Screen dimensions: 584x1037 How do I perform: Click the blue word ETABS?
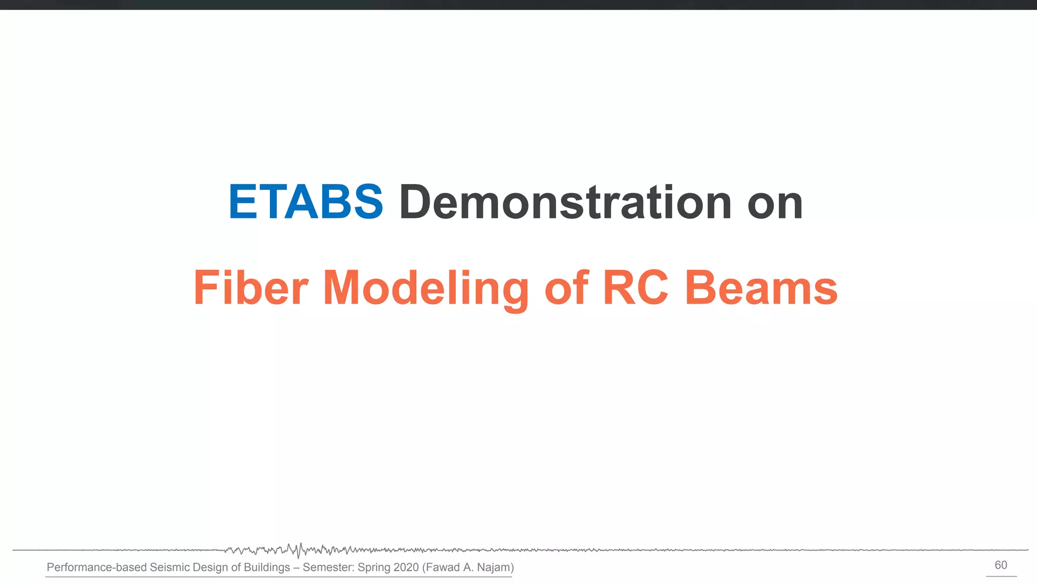point(305,202)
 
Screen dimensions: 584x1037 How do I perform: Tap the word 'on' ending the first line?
point(775,203)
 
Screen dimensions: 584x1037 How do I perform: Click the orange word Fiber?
point(251,288)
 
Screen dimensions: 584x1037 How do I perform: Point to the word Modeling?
point(425,289)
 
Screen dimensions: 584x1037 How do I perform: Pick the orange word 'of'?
point(567,288)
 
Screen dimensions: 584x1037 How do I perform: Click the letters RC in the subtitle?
point(635,288)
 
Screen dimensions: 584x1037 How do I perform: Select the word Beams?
point(761,288)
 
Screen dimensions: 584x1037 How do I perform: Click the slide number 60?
point(1001,565)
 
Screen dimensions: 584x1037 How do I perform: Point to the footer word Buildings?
point(267,567)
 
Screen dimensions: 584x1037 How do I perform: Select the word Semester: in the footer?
point(328,567)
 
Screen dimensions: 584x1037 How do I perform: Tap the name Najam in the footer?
point(493,567)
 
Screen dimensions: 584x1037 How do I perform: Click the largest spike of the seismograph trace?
point(299,551)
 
